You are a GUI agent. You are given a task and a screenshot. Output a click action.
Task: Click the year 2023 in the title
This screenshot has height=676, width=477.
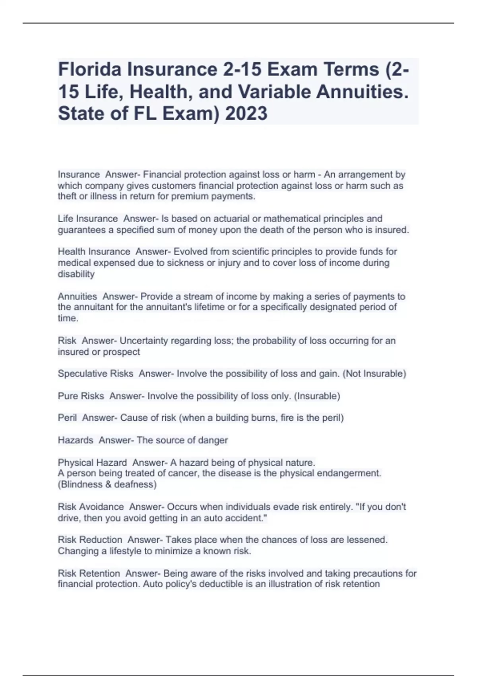[x=246, y=114]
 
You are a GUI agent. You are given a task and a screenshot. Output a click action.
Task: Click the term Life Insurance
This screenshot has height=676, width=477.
[x=87, y=219]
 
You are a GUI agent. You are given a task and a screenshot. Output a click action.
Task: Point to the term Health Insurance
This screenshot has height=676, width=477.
[x=94, y=252]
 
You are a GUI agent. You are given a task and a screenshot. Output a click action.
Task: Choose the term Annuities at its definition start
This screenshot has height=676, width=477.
[x=77, y=297]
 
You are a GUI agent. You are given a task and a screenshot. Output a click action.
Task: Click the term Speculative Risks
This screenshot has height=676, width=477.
[x=95, y=374]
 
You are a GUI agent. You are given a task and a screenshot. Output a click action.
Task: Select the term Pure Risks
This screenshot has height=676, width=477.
[x=81, y=396]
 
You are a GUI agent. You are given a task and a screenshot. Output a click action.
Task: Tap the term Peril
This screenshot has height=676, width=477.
[x=67, y=418]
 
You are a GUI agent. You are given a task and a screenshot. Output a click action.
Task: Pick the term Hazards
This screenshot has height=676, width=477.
[x=76, y=440]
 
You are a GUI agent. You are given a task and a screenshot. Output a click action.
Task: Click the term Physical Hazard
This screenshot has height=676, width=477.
[x=92, y=463]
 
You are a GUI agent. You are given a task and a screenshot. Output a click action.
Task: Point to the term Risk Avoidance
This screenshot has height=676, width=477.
[x=91, y=507]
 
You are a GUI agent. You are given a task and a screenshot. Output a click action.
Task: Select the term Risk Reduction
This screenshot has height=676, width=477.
[x=90, y=540]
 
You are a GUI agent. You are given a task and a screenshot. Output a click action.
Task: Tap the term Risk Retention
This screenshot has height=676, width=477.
[x=89, y=573]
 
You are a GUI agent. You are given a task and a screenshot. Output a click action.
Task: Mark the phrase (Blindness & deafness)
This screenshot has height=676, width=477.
[x=107, y=485]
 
